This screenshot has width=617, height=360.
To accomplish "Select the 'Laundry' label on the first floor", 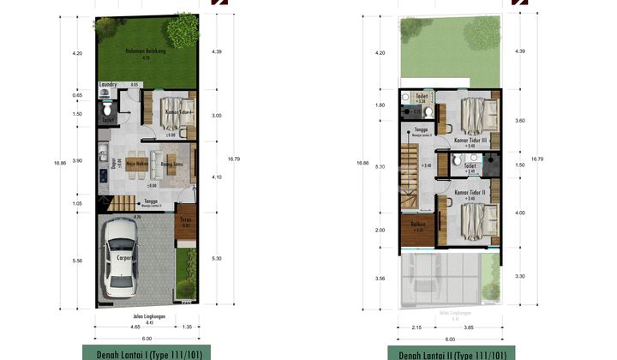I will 108,85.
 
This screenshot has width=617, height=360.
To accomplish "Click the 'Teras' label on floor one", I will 183,220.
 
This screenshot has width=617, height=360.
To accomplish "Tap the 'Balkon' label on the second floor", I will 417,225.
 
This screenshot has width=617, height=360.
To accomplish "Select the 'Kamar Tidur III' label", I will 470,140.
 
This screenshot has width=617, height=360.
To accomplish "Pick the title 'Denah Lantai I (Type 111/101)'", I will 147,353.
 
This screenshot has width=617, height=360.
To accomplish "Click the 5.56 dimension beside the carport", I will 77,261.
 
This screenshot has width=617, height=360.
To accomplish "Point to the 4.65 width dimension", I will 135,327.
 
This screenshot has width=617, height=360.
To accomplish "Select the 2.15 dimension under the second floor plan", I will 417,327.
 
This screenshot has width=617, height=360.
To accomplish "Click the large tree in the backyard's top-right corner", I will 182,32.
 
